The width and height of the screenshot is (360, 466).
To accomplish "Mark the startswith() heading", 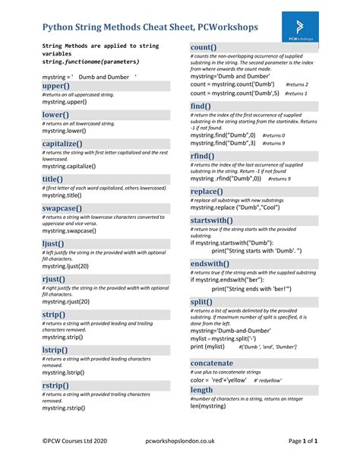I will tap(216, 220).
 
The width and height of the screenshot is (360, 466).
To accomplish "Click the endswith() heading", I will tap(214, 263).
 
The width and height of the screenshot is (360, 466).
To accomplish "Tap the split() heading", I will tap(202, 302).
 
